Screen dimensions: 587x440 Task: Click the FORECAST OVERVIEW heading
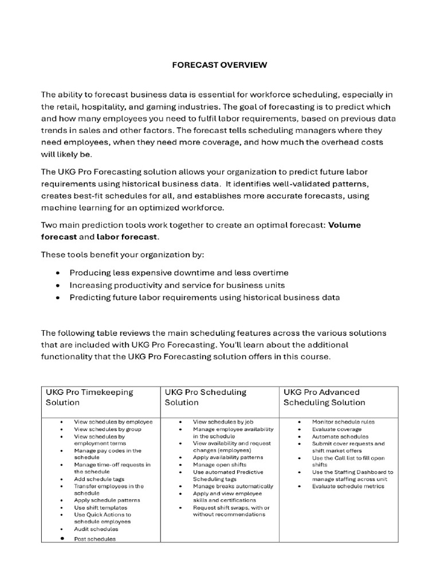pyautogui.click(x=219, y=65)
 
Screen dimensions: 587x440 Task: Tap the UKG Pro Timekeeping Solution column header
pyautogui.click(x=89, y=397)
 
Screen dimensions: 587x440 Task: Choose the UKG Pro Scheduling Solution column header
pyautogui.click(x=206, y=397)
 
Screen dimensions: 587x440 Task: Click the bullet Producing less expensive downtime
pyautogui.click(x=179, y=273)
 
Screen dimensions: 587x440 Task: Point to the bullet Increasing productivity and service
pyautogui.click(x=177, y=285)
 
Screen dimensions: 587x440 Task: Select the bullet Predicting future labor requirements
pyautogui.click(x=205, y=298)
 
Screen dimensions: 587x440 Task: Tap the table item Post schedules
pyautogui.click(x=95, y=539)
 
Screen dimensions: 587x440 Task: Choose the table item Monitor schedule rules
pyautogui.click(x=343, y=422)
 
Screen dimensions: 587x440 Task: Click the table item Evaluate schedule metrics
pyautogui.click(x=348, y=486)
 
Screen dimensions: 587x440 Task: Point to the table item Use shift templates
pyautogui.click(x=101, y=507)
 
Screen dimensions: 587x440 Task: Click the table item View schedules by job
pyautogui.click(x=223, y=422)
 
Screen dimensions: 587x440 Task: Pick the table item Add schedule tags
pyautogui.click(x=99, y=479)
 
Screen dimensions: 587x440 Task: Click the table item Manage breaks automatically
pyautogui.click(x=232, y=486)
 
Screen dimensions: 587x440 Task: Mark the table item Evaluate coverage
pyautogui.click(x=336, y=429)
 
